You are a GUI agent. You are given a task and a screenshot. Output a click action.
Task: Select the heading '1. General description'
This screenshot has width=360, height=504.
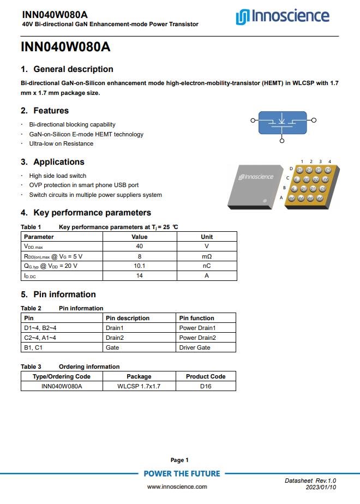(67, 69)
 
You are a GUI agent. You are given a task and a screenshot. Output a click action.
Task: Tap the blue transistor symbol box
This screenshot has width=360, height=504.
(281, 123)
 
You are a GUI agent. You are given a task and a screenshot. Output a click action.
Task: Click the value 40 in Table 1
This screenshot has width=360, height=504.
(139, 247)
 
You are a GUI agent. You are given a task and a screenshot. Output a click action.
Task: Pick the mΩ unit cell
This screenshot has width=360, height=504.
(207, 256)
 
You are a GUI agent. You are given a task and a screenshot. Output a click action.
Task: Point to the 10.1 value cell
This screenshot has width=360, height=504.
(139, 266)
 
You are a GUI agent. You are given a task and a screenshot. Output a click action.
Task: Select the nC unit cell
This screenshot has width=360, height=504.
(207, 266)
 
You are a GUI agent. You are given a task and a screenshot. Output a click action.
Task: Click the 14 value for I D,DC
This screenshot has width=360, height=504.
(139, 276)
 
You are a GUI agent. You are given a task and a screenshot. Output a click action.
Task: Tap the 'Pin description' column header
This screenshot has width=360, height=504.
(128, 318)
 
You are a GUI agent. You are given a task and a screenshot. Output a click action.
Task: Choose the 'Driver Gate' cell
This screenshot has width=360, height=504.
(195, 347)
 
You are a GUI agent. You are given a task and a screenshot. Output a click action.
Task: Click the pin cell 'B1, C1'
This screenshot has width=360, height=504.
(33, 347)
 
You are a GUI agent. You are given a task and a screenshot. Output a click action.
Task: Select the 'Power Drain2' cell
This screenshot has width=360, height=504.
(197, 338)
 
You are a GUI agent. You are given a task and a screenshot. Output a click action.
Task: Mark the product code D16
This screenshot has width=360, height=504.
(206, 386)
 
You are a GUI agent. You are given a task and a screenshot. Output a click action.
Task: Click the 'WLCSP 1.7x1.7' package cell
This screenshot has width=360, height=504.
(139, 386)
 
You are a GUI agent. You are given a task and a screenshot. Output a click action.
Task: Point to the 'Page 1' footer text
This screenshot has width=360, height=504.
(179, 460)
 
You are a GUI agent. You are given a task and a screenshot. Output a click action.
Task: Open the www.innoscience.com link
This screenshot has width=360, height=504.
(177, 487)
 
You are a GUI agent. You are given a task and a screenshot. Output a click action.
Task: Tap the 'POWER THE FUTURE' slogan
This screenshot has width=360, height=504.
(182, 473)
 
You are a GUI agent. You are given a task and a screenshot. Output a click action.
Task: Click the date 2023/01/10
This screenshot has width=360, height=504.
(321, 487)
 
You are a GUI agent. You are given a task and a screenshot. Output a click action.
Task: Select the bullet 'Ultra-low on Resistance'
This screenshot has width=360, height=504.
(61, 143)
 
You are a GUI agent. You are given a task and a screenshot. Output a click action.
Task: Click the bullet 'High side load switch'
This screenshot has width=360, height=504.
(58, 176)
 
